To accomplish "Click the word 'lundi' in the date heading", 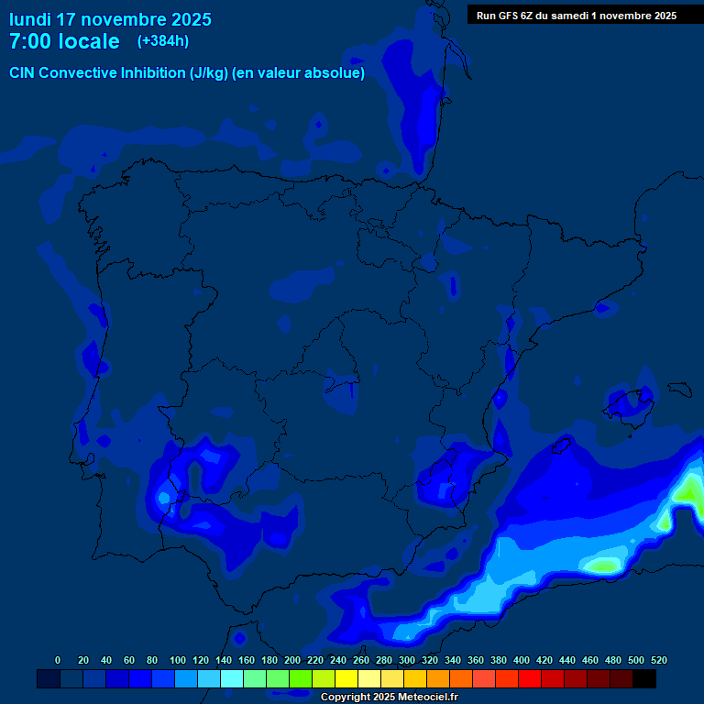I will (x=30, y=18).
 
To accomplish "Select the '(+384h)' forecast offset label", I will (x=162, y=40).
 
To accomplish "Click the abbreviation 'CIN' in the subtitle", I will (x=23, y=73).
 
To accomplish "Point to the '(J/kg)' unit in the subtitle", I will (x=208, y=73).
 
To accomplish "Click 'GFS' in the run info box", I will (x=511, y=15).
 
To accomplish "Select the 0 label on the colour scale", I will (x=58, y=660).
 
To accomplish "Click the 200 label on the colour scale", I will (x=292, y=660).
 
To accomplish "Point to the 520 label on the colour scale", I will (x=658, y=660).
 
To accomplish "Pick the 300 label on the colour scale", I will (x=407, y=660).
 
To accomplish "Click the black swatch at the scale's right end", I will (x=644, y=678).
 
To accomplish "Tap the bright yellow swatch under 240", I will (x=346, y=678).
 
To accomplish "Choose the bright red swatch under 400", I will (x=529, y=678).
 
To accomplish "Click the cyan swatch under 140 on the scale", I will (x=231, y=678).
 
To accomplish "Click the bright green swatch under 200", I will (x=300, y=678).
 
